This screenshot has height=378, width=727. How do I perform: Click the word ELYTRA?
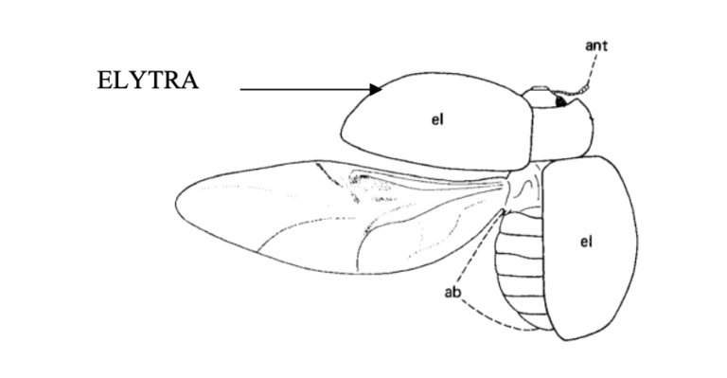pos(148,80)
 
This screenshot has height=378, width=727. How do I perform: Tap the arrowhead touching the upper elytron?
pos(376,89)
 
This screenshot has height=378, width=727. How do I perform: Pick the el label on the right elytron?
pos(585,243)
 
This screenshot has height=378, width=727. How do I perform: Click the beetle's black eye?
pos(561,99)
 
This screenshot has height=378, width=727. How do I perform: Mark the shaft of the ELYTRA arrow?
pos(303,90)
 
